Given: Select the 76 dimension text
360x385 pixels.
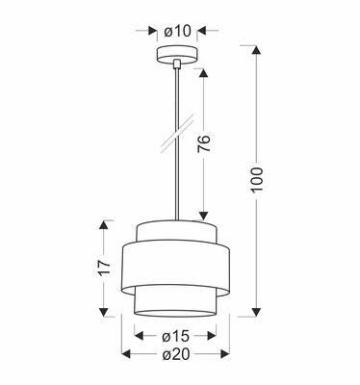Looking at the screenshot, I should (204, 143).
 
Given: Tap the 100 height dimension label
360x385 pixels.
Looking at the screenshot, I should (257, 180).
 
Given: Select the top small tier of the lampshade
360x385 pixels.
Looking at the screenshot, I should (175, 232).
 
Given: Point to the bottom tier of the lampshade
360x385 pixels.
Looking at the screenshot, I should (175, 300).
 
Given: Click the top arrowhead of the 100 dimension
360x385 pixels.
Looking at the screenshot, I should (257, 49).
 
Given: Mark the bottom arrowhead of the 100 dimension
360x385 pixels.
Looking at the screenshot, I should (257, 312).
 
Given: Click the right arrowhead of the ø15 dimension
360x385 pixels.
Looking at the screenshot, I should (214, 336).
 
